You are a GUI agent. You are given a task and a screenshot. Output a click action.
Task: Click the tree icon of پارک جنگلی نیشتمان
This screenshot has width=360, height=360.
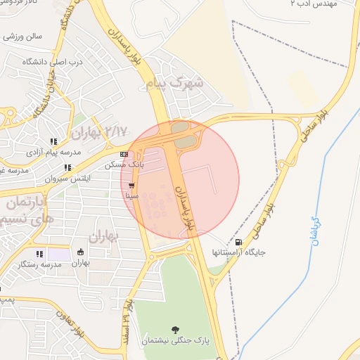click(174, 329)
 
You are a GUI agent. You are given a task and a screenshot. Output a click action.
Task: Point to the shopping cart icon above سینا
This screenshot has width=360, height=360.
click(131, 186)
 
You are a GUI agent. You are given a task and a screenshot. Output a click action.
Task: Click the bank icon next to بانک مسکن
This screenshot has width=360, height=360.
click(124, 154)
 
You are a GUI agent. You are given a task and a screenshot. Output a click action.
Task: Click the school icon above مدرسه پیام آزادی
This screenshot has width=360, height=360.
click(53, 141)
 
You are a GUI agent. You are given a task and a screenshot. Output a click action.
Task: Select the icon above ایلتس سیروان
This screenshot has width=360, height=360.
click(67, 167)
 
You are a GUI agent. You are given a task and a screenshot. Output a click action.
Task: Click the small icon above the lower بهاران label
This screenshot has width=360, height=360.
click(81, 252)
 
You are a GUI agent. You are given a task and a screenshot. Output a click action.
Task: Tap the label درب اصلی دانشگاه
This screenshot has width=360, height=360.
click(47, 62)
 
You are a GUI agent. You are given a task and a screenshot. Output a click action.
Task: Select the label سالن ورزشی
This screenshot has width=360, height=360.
click(24, 35)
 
